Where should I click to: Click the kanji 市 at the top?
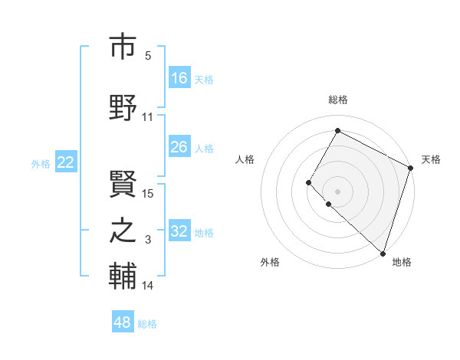tap(123, 47)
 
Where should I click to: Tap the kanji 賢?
tap(123, 181)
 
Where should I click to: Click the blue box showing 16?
tap(179, 78)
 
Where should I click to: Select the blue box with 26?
tap(179, 147)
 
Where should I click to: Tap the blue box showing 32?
tap(179, 231)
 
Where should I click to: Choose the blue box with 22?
tap(66, 162)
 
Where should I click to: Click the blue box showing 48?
tap(123, 322)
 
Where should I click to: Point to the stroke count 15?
tap(148, 193)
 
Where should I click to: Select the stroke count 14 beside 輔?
tap(148, 286)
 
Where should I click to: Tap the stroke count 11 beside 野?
tap(148, 117)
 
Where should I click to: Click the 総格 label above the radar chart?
tap(337, 100)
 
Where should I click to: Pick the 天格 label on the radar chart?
tap(431, 159)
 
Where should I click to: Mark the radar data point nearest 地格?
tap(383, 254)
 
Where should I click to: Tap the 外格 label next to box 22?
tap(41, 163)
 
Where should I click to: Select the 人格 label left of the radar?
tap(245, 159)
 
